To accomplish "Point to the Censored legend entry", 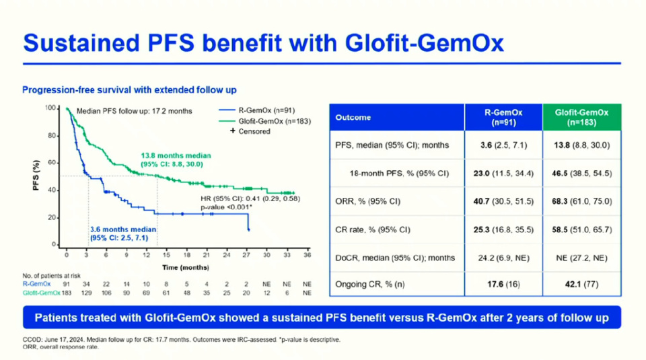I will tap(250, 131).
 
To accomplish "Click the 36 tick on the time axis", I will tap(307, 255).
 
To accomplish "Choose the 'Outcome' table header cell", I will tap(353, 118).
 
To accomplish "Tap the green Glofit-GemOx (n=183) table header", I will tap(581, 118).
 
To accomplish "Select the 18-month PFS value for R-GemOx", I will tap(503, 174).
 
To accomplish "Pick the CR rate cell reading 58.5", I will tap(581, 229).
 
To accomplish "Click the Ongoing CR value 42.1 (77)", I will tap(581, 285).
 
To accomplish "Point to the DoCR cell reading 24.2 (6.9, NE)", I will tap(503, 257).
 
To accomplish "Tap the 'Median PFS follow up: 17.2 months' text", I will tap(135, 111).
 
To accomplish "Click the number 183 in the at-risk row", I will tap(67, 293).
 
